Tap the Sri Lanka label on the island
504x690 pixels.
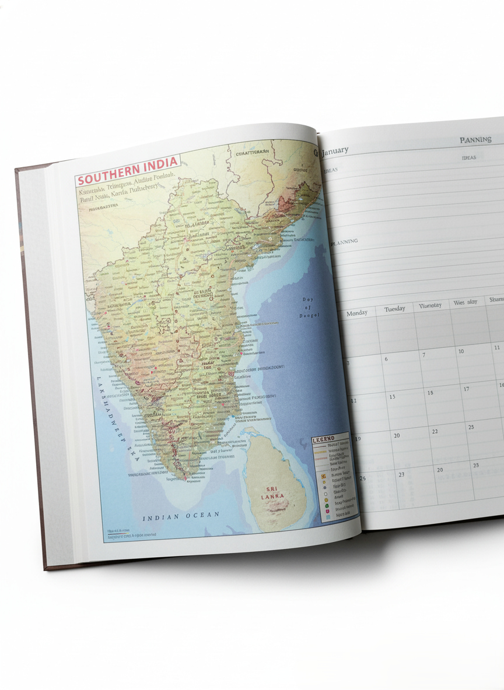(272, 492)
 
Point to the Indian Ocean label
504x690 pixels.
(182, 516)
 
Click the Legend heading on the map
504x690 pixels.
(323, 439)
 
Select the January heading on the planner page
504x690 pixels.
(334, 151)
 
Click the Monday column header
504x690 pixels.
(357, 313)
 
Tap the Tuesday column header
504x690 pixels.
(394, 308)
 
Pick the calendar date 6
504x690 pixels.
(386, 359)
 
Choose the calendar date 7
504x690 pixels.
(423, 355)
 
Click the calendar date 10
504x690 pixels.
(461, 351)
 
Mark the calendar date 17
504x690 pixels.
(466, 389)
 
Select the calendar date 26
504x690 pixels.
(362, 478)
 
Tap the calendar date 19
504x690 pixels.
(358, 439)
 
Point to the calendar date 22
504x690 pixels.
(435, 431)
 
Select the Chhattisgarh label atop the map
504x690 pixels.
(252, 153)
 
